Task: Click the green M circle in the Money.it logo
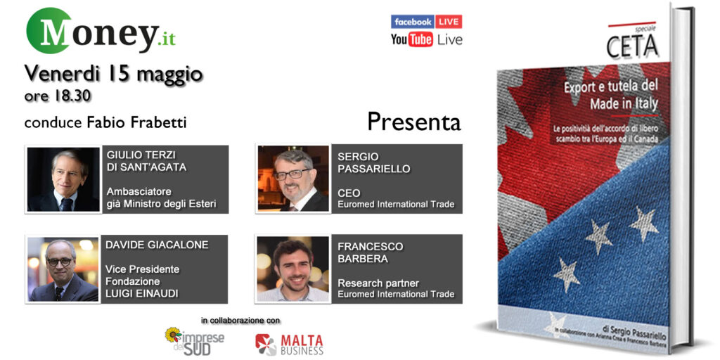coord(49,30)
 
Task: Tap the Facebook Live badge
coord(426,21)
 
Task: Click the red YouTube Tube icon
coord(420,39)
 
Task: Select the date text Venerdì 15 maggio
coord(113,72)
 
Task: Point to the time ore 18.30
coord(58,94)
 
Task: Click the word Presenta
coord(413,122)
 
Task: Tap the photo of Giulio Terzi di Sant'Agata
coord(63,179)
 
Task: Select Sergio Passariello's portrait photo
coord(292,179)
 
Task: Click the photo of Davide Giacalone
coord(63,269)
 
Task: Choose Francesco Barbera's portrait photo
coord(292,269)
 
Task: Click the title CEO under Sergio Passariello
coord(349,193)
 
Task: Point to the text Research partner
coord(378,283)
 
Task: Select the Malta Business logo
coord(289,344)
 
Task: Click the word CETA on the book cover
coord(632,46)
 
